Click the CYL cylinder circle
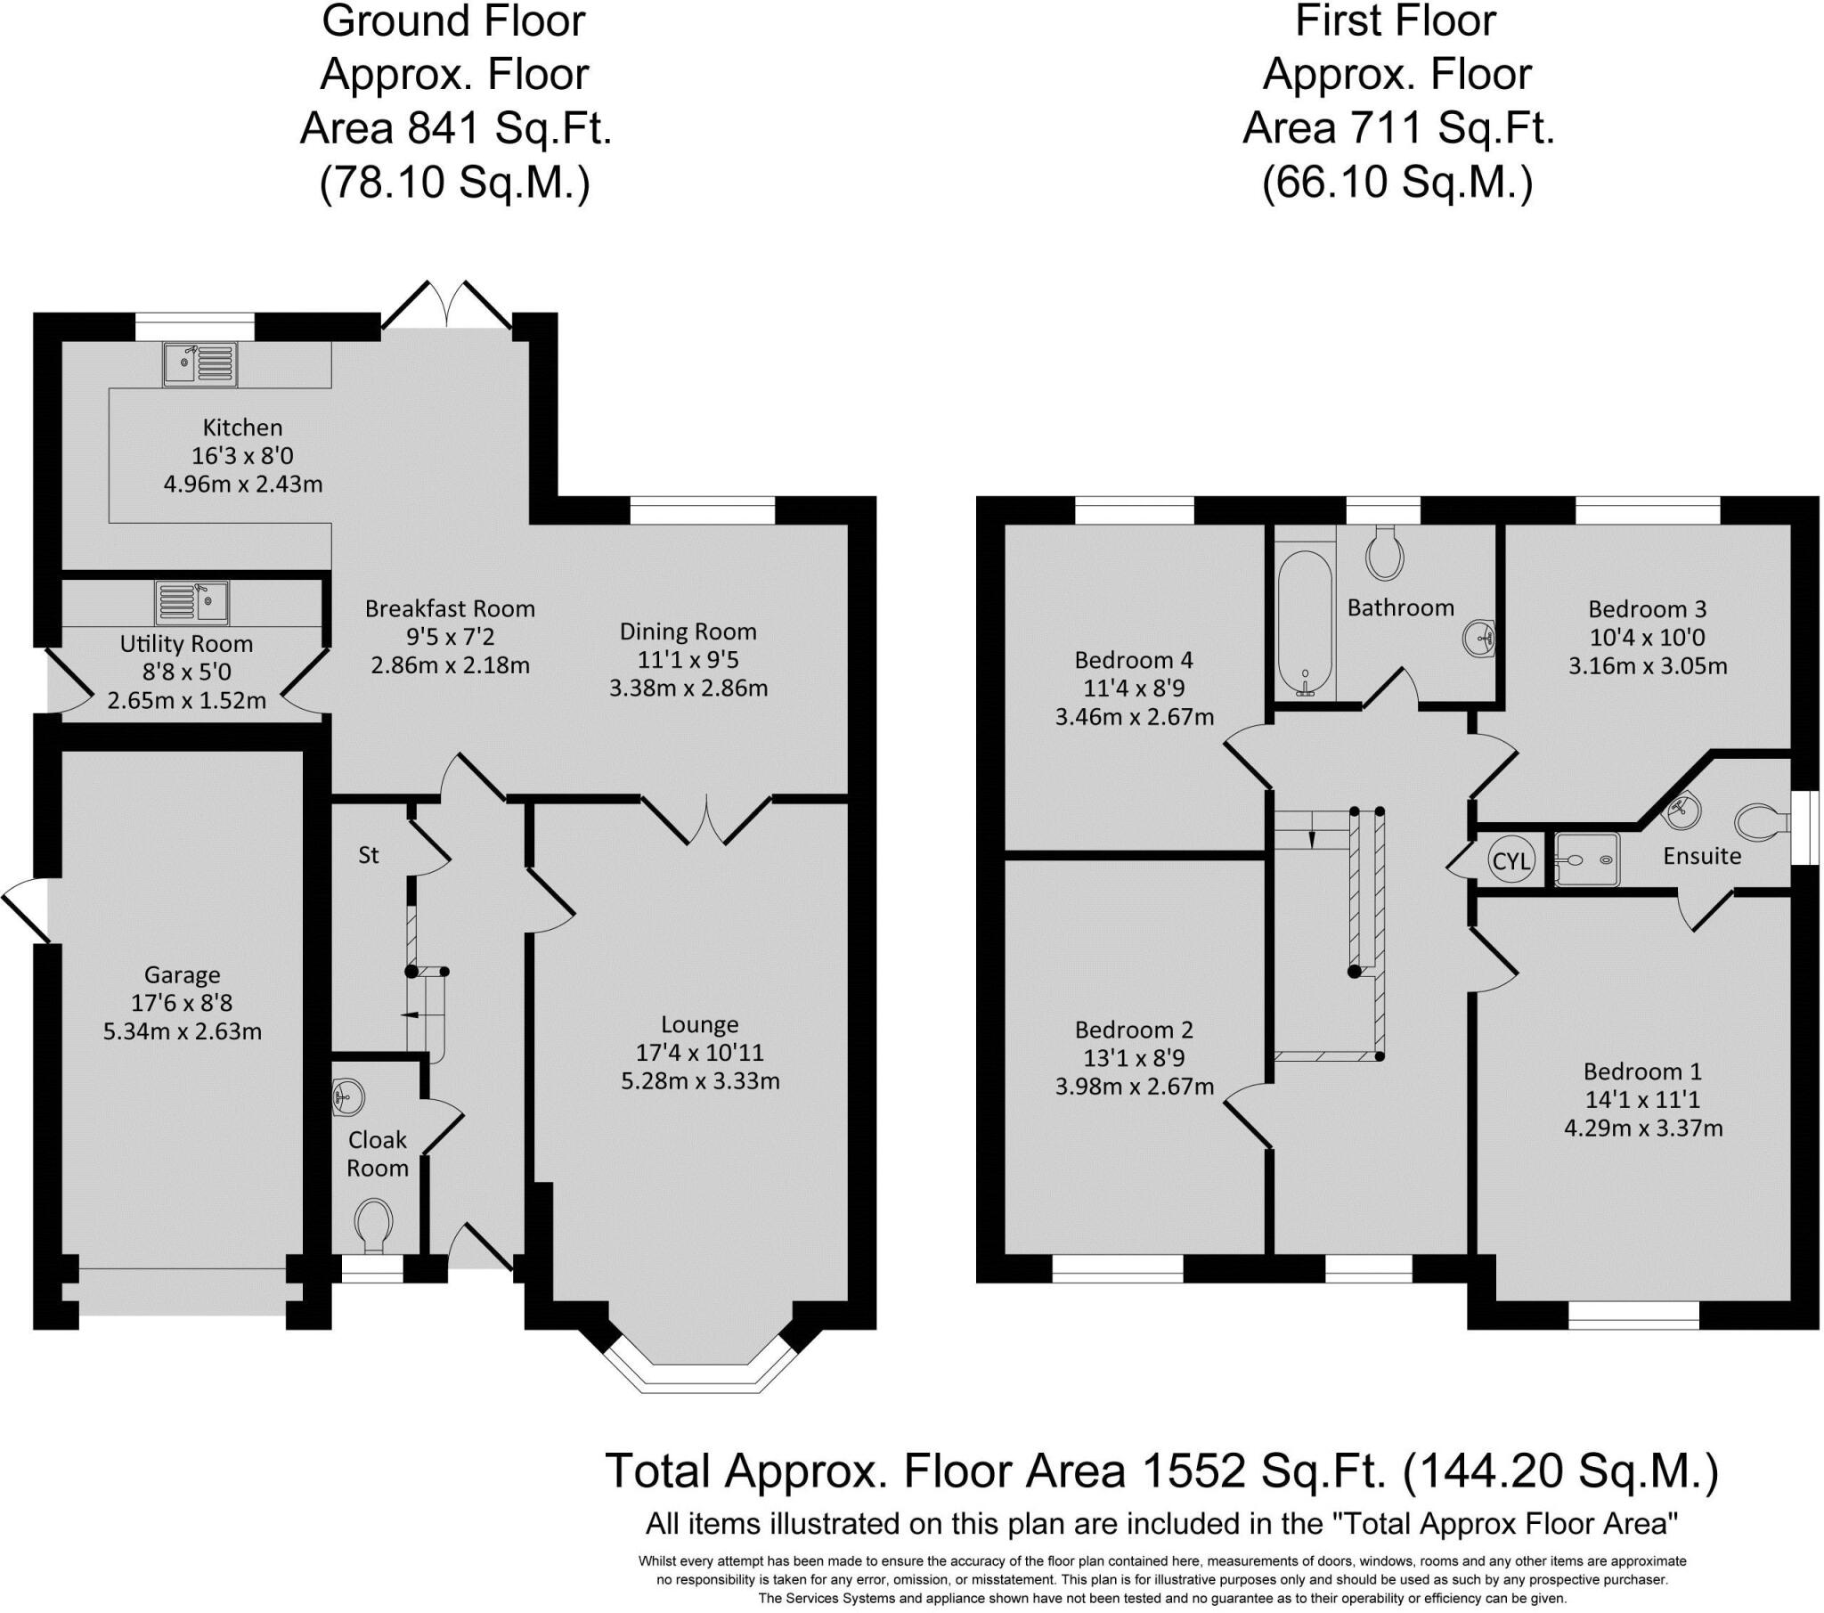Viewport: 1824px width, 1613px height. coord(1510,860)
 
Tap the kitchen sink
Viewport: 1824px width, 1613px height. coord(200,364)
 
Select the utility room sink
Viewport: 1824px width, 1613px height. coord(191,602)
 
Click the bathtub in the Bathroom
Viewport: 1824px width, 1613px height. coord(1305,622)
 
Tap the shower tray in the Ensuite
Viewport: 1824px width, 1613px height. coord(1586,859)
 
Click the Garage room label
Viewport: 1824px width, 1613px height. coord(182,974)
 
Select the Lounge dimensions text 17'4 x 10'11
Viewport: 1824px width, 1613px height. coord(700,1053)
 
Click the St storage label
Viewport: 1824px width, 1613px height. coord(369,855)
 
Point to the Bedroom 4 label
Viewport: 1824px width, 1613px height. coord(1133,660)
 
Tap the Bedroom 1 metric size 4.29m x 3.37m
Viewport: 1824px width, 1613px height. coord(1643,1128)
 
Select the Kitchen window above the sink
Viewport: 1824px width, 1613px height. coord(194,327)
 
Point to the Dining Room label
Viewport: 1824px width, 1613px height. coord(688,632)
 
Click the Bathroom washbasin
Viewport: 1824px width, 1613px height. coord(1478,638)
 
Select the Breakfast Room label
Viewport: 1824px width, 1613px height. coord(450,609)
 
